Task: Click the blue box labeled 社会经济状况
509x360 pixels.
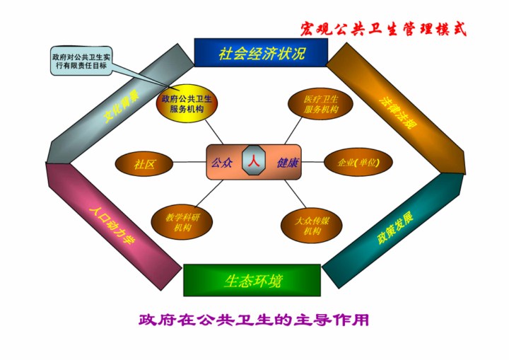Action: click(261, 52)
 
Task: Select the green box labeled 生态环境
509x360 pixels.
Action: click(252, 280)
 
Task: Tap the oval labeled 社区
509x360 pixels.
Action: click(144, 164)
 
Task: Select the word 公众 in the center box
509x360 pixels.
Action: click(222, 163)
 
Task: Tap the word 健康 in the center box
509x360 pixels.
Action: click(288, 163)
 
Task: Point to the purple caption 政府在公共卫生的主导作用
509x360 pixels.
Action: click(254, 320)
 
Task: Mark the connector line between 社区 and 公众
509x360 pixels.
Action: click(189, 163)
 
